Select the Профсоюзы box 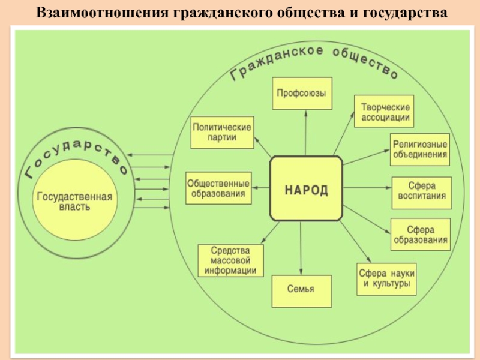point(302,93)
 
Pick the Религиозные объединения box point(420,149)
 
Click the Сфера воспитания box point(421,193)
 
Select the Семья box point(301,291)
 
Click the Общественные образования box point(218,188)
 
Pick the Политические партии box point(221,133)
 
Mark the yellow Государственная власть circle point(75,202)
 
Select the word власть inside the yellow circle point(75,208)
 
